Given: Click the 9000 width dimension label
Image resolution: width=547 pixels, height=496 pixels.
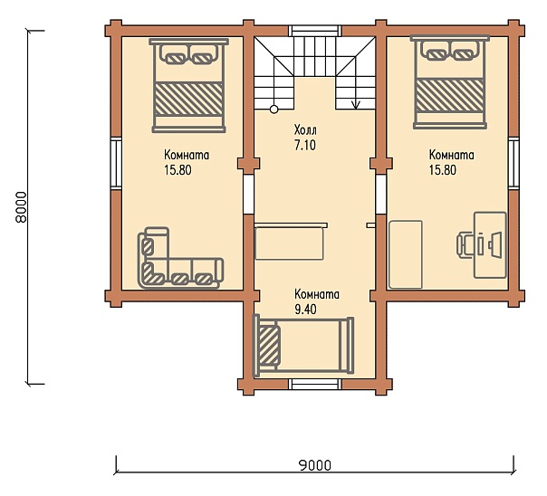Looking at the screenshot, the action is (x=315, y=465).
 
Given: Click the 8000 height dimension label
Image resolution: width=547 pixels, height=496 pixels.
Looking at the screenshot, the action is (x=21, y=206).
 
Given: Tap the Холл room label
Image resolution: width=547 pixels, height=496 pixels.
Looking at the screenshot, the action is (x=305, y=130).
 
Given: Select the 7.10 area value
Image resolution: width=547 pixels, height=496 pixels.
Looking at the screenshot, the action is (x=305, y=145).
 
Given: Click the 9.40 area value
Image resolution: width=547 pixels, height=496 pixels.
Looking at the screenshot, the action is (x=305, y=310).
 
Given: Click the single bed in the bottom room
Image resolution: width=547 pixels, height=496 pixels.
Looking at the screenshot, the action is (x=303, y=346).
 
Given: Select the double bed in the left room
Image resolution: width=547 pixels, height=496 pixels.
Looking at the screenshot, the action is (x=188, y=86).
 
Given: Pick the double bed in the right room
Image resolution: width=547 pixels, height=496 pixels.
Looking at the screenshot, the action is (x=450, y=82).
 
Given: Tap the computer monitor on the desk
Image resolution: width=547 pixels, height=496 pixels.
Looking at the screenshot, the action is (x=496, y=245).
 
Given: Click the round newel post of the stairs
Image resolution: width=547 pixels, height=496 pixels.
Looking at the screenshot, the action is (x=273, y=110).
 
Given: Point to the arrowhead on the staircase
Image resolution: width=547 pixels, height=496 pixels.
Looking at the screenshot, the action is (x=356, y=105).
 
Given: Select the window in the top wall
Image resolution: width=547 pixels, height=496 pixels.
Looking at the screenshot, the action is (x=315, y=31).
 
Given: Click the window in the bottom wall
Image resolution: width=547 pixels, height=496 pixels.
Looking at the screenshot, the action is (x=315, y=384).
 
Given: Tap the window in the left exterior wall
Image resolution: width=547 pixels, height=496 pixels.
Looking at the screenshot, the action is (x=116, y=163).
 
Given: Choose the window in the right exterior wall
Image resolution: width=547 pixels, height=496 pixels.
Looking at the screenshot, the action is (x=513, y=163).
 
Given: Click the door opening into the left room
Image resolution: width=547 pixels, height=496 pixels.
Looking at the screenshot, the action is (x=248, y=194).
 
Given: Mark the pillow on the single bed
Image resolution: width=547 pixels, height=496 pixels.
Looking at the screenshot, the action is (x=269, y=346).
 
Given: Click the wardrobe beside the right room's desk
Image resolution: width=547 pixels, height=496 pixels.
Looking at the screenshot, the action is (x=406, y=254).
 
